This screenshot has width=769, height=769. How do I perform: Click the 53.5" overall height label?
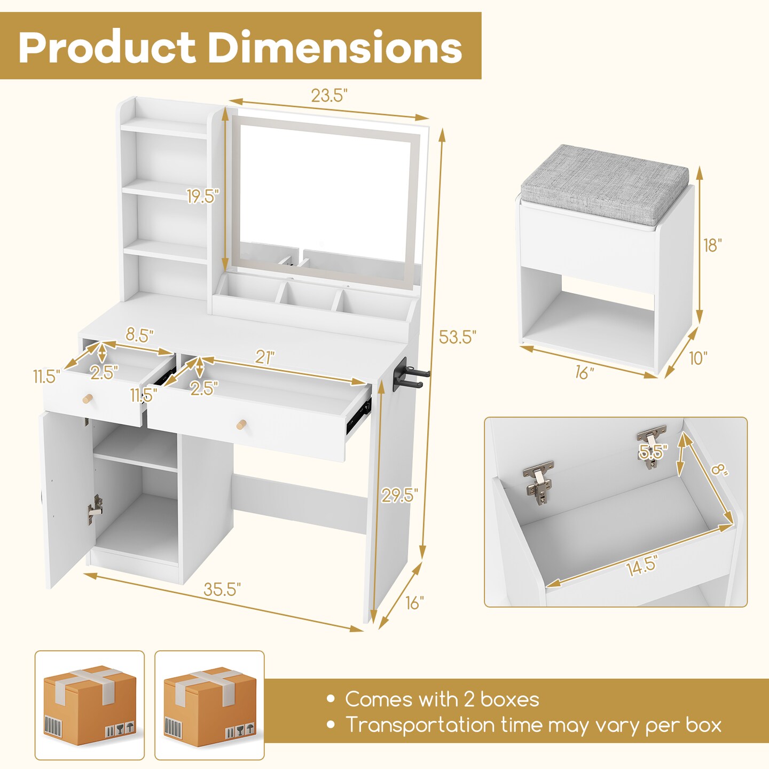(457, 338)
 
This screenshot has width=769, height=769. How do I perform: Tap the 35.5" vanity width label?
(222, 589)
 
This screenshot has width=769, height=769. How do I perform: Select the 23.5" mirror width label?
(329, 96)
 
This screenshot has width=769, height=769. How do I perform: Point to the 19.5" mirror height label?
(202, 197)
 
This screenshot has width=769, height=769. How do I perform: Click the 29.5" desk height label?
(399, 496)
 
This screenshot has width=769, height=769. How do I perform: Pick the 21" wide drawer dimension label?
(265, 357)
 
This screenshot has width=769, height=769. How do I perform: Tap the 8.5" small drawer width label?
(139, 335)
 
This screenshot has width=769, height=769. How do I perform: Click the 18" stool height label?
(712, 245)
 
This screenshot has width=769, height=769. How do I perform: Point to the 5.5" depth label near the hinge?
(653, 452)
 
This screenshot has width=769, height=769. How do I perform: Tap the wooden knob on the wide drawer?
(241, 425)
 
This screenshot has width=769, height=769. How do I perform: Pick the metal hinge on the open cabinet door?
(95, 509)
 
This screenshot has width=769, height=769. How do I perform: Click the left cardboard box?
(90, 705)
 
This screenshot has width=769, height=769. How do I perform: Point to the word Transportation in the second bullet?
(420, 725)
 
